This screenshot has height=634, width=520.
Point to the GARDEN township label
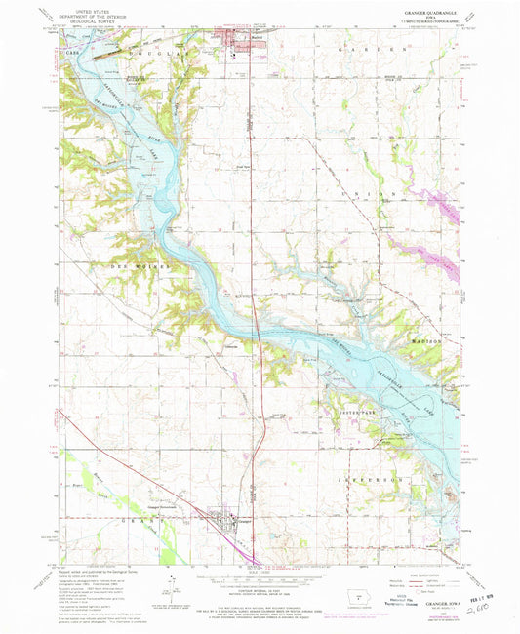(x=375, y=48)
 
